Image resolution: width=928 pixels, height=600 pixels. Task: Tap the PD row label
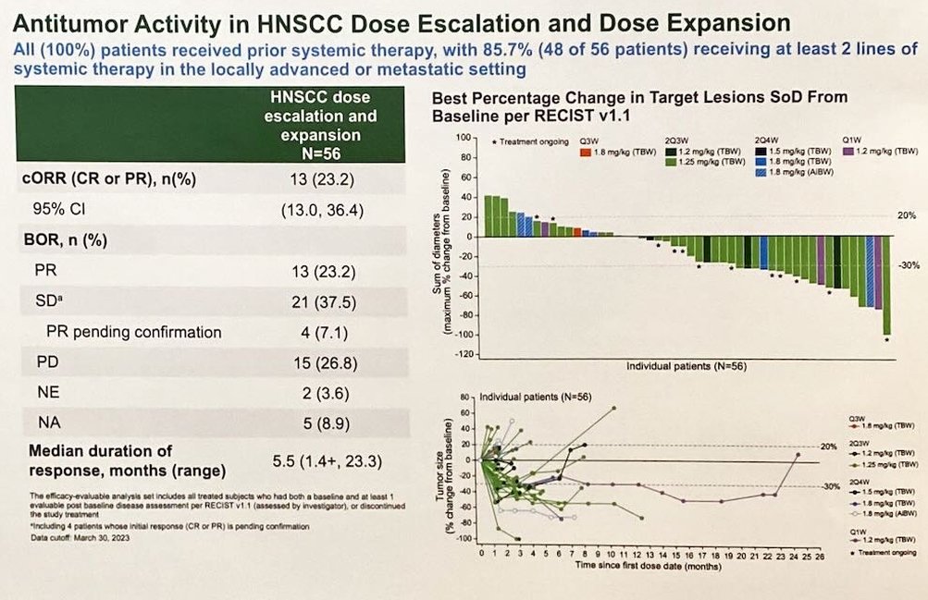45,363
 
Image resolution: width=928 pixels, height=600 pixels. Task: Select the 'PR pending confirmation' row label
134,332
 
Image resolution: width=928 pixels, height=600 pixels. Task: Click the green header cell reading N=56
321,152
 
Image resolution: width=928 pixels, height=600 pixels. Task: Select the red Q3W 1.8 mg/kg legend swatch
585,150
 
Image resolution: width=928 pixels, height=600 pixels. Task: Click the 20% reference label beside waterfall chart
906,216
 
